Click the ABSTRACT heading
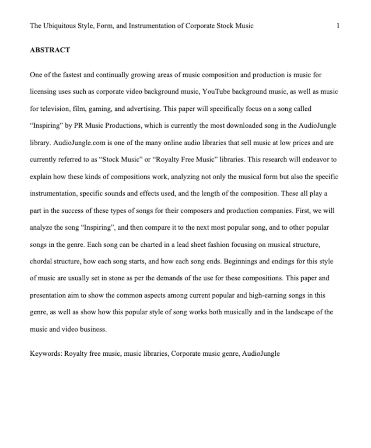[x=49, y=50]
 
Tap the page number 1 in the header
[x=338, y=25]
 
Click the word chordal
[x=41, y=261]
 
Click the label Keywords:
[x=46, y=353]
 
